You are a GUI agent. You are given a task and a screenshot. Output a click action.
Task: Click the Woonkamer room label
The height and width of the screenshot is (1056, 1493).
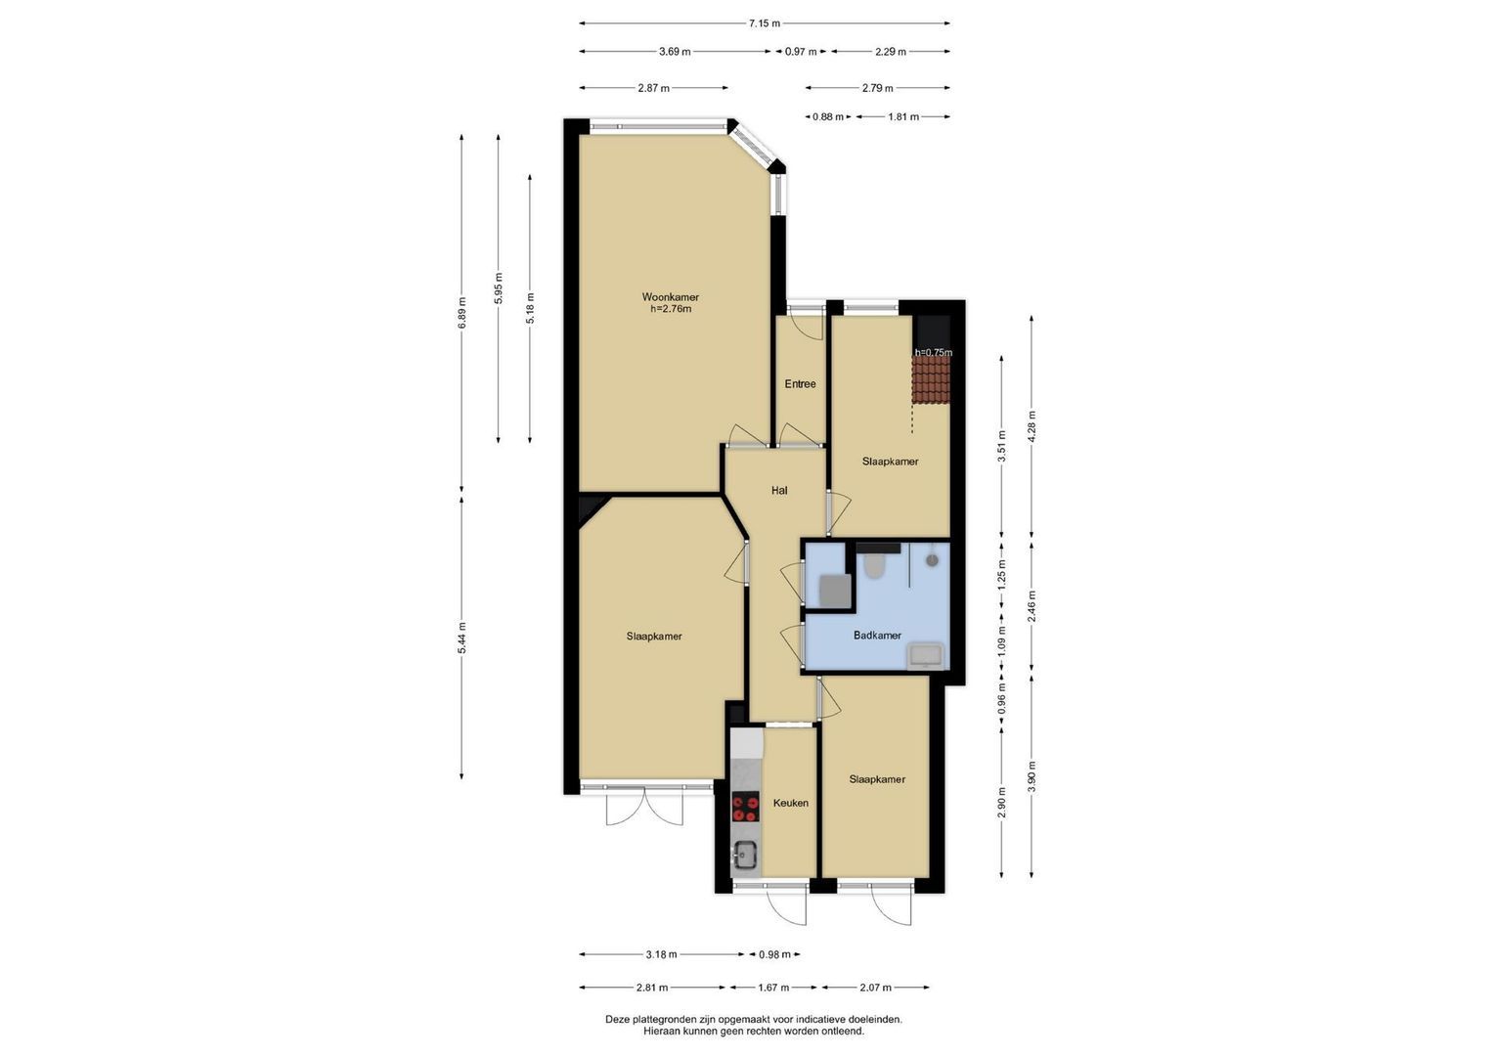point(670,297)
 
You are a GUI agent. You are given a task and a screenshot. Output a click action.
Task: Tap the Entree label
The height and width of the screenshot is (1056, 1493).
point(800,384)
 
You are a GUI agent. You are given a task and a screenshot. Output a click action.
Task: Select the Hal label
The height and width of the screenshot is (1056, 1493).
point(779,491)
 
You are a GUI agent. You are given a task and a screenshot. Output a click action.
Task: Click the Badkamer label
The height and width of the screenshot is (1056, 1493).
point(877,636)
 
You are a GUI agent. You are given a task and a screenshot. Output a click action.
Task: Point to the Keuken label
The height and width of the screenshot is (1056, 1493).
point(790,803)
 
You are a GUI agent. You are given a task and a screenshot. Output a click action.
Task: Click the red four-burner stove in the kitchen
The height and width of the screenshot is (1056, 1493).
point(746,807)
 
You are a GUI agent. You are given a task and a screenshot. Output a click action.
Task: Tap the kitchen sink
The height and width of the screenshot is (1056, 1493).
point(745,856)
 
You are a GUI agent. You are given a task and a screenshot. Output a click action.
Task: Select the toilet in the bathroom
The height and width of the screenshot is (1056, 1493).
point(874,566)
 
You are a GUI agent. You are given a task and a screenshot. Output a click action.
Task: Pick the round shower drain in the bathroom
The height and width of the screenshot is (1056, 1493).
point(932,560)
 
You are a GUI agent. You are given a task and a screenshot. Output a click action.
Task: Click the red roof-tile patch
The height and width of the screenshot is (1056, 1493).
point(931,379)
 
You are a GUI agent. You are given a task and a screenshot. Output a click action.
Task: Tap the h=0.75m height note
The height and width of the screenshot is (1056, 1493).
point(933,353)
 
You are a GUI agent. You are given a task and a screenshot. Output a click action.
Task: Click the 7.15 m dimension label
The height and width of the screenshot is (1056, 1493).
point(764,23)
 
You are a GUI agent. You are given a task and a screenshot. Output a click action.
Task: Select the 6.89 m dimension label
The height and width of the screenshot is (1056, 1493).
point(461,312)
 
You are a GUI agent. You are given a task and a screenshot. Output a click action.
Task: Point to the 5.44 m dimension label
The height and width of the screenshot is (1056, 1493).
point(461,638)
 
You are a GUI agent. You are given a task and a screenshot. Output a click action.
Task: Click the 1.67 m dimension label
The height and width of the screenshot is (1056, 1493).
point(773,988)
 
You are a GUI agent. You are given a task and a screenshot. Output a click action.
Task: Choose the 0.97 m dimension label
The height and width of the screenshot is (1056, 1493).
point(801,51)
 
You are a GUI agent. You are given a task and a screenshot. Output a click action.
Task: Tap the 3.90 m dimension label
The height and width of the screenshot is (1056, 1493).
point(1032,776)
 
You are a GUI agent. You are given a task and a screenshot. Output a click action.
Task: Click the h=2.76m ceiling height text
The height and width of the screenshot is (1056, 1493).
point(671,309)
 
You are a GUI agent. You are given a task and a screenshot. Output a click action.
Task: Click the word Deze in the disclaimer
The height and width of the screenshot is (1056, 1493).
point(617,1019)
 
